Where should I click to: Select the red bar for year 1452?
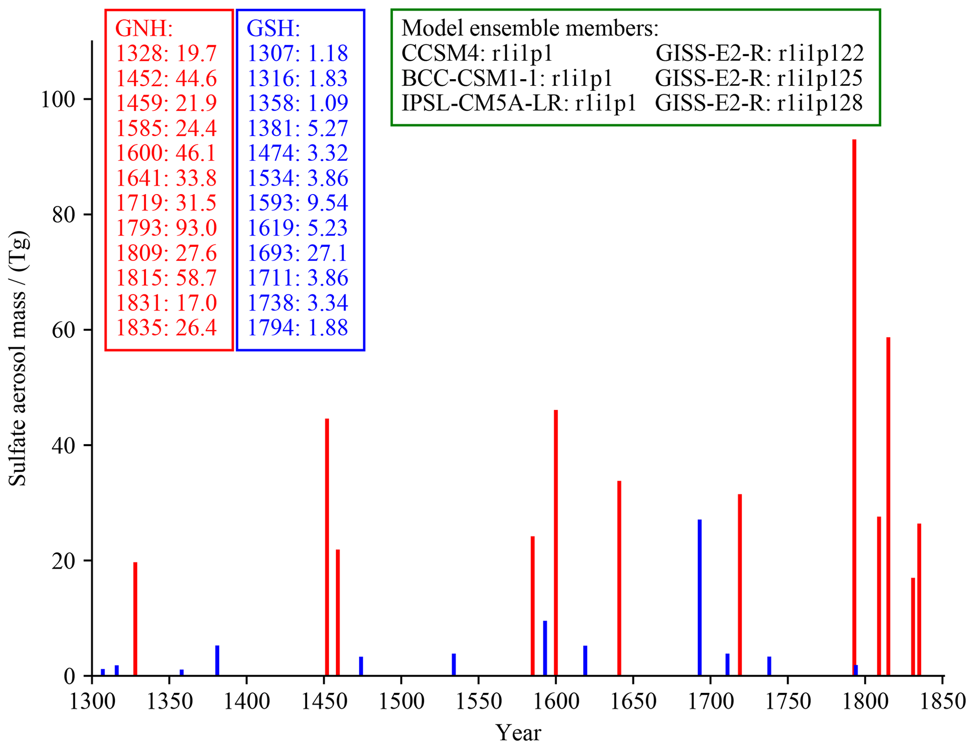(327, 546)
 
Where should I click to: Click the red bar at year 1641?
(619, 578)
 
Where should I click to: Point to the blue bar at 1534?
(454, 664)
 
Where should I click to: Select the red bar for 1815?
(888, 506)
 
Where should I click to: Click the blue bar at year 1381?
(217, 660)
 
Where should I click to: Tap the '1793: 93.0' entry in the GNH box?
(166, 228)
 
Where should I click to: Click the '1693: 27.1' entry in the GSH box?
(297, 253)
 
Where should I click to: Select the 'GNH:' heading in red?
(144, 29)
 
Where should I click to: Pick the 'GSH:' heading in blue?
(273, 29)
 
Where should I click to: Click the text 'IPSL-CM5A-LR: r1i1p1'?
(519, 103)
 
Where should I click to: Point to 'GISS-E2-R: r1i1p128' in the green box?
(759, 103)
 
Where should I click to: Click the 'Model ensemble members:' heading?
(530, 29)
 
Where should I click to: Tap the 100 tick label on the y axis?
(58, 100)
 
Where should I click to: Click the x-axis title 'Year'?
(518, 733)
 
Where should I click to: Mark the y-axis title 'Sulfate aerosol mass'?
(19, 358)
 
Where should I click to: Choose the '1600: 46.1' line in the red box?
(166, 153)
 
